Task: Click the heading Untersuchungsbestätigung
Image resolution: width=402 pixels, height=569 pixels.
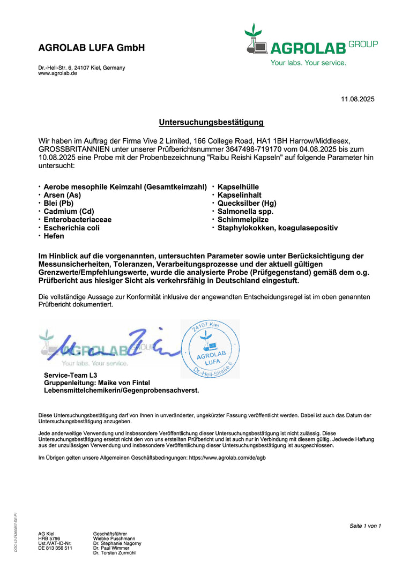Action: (211, 122)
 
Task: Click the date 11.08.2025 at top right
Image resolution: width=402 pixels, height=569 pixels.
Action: (358, 99)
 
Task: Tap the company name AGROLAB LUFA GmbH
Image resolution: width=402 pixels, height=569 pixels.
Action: (92, 48)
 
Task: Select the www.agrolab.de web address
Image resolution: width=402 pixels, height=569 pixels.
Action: (57, 73)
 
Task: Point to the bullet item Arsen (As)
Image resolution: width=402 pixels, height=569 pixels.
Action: (62, 195)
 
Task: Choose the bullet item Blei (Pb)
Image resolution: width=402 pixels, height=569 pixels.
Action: (58, 203)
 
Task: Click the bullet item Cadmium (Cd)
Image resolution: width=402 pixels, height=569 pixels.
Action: (69, 211)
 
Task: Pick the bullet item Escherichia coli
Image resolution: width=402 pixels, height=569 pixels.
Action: (71, 228)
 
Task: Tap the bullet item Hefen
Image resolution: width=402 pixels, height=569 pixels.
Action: (54, 236)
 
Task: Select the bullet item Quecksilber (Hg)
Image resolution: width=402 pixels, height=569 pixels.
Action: (247, 203)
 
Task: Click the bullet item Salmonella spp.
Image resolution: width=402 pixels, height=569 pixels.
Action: (245, 211)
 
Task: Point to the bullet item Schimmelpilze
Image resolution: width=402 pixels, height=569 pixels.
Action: (243, 220)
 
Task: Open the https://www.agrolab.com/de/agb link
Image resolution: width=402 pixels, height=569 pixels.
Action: (227, 458)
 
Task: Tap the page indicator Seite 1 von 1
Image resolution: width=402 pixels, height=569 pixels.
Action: (365, 526)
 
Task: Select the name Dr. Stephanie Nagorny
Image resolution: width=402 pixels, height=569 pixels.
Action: (117, 543)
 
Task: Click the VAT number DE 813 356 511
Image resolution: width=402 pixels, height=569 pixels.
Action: (55, 548)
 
